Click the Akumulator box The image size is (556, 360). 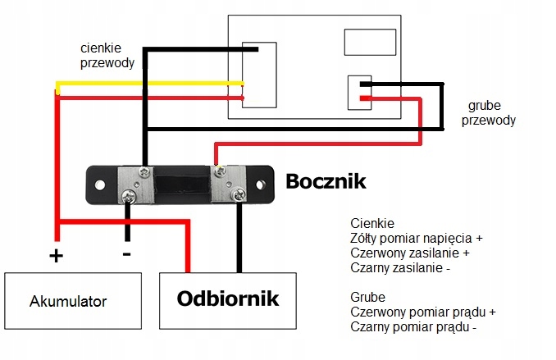(73, 301)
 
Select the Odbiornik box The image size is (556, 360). (228, 301)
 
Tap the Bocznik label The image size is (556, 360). (326, 181)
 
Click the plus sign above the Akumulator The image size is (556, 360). (56, 255)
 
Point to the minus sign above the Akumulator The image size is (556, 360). (126, 254)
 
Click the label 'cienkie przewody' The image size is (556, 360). (107, 55)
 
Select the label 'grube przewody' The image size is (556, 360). (488, 113)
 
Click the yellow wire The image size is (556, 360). (149, 84)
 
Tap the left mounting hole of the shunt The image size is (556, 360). (100, 185)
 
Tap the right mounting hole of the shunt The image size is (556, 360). (260, 185)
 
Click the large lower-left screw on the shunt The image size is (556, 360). (129, 196)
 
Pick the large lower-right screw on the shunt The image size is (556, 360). (238, 194)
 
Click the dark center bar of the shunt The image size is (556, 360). (182, 185)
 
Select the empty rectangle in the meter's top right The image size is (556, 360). (370, 42)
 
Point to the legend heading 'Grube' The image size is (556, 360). (367, 297)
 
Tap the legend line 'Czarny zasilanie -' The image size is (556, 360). (400, 268)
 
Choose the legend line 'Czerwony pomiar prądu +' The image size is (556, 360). (423, 312)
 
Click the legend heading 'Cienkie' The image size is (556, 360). (372, 223)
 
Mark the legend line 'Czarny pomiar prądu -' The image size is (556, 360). (413, 326)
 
